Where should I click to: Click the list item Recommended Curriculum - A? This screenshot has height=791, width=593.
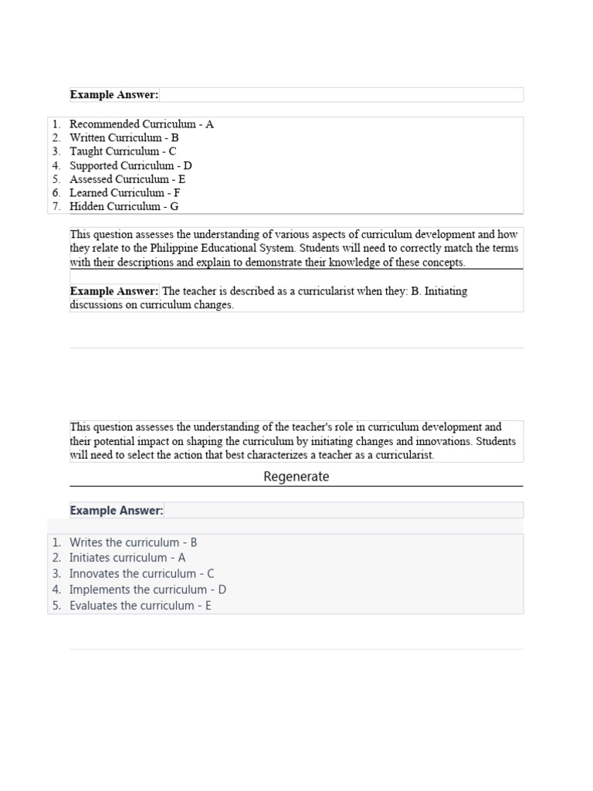(141, 124)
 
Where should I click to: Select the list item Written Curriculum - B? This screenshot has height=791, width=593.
(124, 138)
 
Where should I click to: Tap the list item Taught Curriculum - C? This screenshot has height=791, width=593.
(123, 152)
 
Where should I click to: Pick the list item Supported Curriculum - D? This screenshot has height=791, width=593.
(130, 166)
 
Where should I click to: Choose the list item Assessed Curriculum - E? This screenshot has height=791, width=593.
(127, 179)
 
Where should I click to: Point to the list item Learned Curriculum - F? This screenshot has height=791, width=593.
(125, 193)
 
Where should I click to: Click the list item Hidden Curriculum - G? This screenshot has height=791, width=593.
(124, 207)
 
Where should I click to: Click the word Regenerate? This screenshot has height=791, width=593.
(296, 477)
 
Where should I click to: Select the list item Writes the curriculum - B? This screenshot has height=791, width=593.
(133, 543)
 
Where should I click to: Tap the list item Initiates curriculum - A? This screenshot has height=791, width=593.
(127, 558)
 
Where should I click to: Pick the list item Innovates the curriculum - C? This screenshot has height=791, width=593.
(141, 574)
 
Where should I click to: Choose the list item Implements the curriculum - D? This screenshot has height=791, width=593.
(147, 590)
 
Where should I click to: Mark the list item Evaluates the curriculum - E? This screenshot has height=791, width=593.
(140, 606)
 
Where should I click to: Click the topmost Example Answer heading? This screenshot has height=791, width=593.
(114, 95)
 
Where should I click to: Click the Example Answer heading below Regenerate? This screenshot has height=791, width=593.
(117, 511)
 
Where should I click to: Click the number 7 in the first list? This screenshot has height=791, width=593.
(56, 207)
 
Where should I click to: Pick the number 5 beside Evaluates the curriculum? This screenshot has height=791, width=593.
(56, 606)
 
